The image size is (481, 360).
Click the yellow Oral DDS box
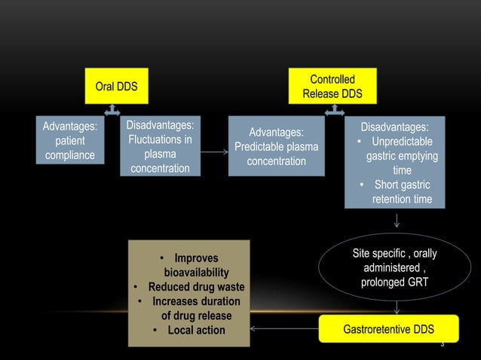click(x=115, y=87)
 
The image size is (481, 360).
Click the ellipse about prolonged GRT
click(x=394, y=268)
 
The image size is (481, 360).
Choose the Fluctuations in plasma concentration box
click(x=160, y=146)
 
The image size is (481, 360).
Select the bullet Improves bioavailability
click(x=190, y=265)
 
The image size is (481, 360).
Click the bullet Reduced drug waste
click(x=189, y=287)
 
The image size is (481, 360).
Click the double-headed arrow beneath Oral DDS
click(x=112, y=111)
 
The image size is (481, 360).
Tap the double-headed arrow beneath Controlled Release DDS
click(x=332, y=111)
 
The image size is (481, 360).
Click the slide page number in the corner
click(x=443, y=345)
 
